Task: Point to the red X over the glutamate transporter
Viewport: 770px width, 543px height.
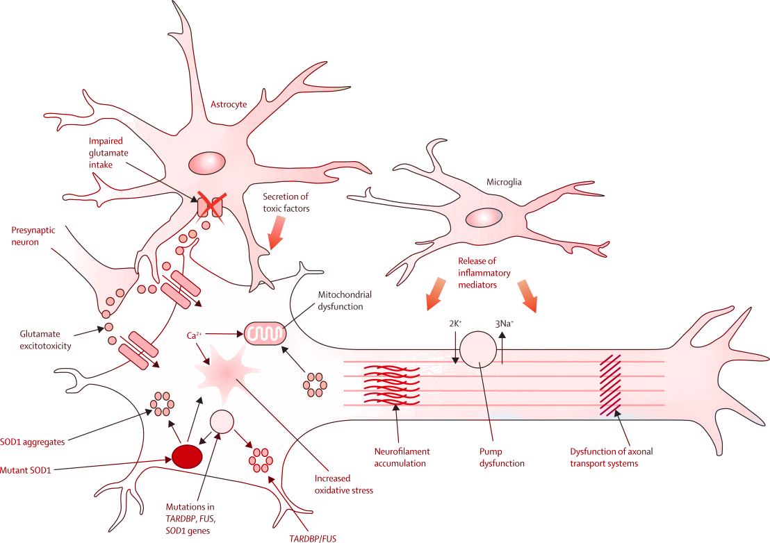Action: (x=209, y=208)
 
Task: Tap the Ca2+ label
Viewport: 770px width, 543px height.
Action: (x=195, y=335)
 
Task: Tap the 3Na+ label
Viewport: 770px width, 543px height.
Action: (x=505, y=323)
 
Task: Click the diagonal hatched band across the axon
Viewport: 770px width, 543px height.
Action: (x=610, y=385)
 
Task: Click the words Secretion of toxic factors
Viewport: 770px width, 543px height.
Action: (x=286, y=202)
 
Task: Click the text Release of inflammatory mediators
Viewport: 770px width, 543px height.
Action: (x=484, y=272)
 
